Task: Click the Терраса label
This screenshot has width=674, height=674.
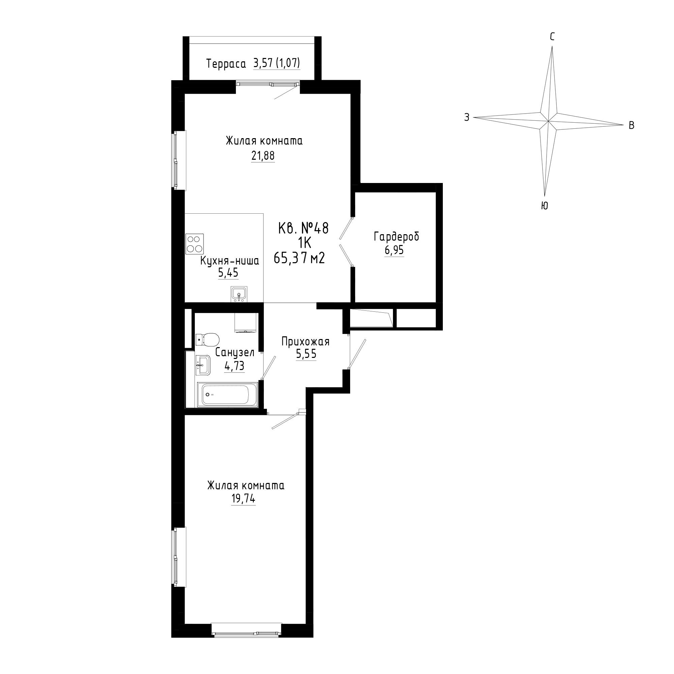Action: [226, 64]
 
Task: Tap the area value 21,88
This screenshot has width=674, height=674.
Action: [263, 156]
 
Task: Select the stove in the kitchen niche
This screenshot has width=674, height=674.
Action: [195, 244]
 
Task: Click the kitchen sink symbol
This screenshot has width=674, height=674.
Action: [239, 294]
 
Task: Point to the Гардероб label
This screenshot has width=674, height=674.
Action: [396, 237]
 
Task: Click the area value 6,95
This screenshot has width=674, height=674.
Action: [394, 250]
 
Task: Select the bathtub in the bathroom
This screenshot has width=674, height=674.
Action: [227, 395]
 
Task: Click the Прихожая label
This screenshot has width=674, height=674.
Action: [306, 342]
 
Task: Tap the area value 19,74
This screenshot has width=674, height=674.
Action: [243, 499]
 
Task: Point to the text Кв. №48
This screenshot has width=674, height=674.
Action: [303, 228]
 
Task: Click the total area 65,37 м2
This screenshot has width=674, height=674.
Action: [299, 258]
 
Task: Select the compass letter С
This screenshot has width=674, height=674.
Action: [552, 37]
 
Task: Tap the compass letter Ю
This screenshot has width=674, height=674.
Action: [544, 206]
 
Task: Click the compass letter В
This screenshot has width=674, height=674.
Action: [631, 126]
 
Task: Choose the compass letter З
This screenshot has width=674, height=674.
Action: [467, 117]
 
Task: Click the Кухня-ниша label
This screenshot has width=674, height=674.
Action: [229, 261]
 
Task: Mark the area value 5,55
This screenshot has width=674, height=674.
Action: [306, 355]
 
